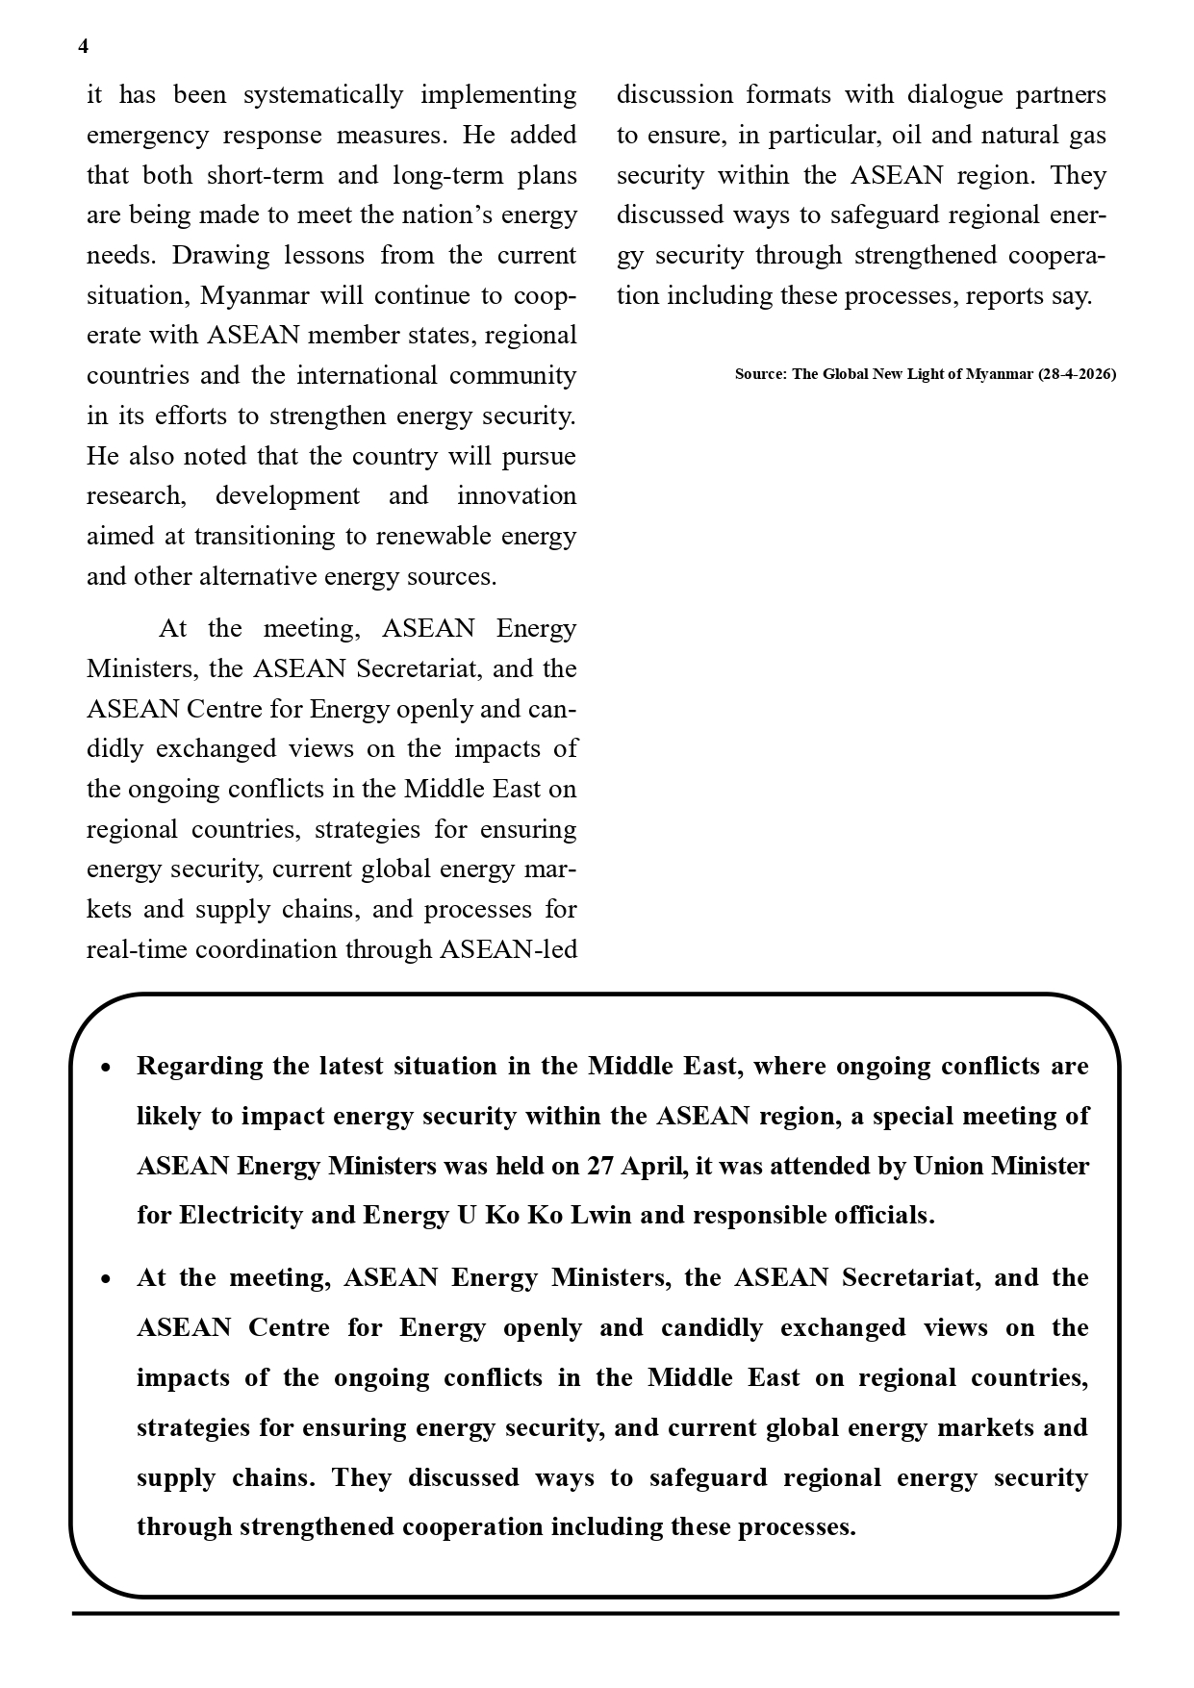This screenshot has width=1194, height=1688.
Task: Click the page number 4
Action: [x=83, y=47]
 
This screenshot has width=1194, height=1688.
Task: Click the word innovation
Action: [x=516, y=496]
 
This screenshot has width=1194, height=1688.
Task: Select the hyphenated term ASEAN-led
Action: [x=508, y=950]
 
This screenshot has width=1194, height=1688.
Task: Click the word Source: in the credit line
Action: [x=760, y=374]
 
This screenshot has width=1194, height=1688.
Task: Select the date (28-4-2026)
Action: [x=1077, y=374]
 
